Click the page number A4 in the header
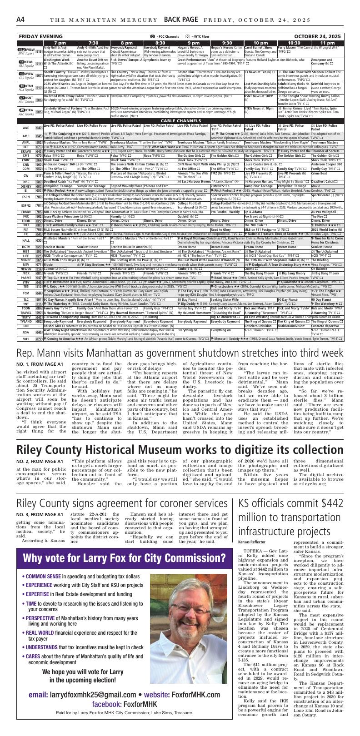coord(20,20)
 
